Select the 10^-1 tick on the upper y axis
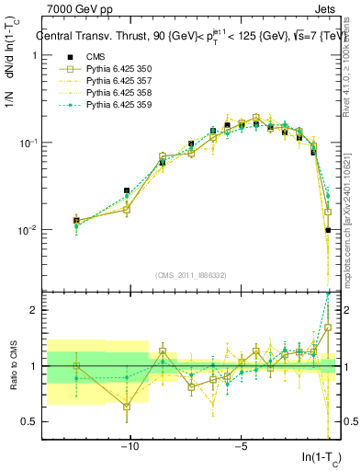[x=28, y=144]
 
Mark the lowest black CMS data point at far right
[x=327, y=231]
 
